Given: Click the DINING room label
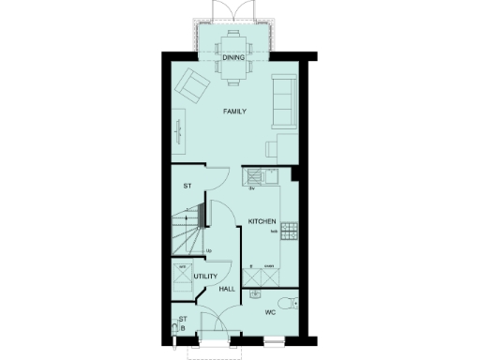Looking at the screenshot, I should pos(233,57).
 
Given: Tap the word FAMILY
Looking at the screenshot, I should pos(234,112).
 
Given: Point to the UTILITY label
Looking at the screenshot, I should pos(204,277).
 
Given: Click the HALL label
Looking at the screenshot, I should pos(226,290).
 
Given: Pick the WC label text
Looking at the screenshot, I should pos(269,311).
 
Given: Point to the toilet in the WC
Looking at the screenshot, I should pos(292,300).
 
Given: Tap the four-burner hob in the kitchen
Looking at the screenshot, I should pos(289,230).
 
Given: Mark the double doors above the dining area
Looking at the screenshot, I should pos(233,11).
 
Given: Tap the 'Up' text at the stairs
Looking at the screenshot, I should pos(207,250).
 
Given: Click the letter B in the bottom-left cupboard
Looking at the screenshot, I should pos(183,329).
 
